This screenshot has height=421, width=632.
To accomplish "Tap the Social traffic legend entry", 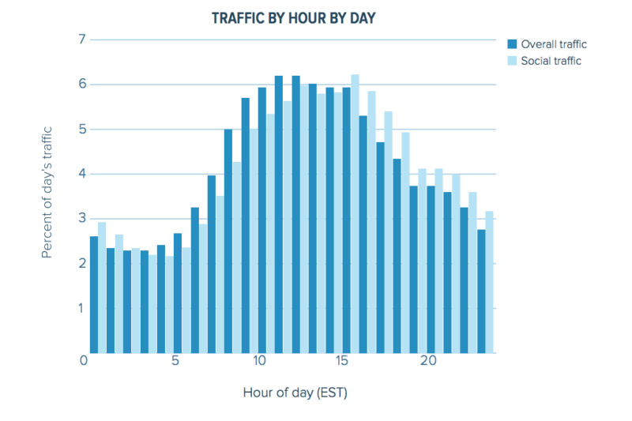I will coord(548,61).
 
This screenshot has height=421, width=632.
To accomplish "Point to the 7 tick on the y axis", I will coord(82,39).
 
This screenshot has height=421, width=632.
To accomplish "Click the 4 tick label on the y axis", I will coord(82,174).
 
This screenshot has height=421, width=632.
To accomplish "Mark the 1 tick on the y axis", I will coord(82,308).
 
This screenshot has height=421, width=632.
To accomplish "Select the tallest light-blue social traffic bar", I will coord(355,213).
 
